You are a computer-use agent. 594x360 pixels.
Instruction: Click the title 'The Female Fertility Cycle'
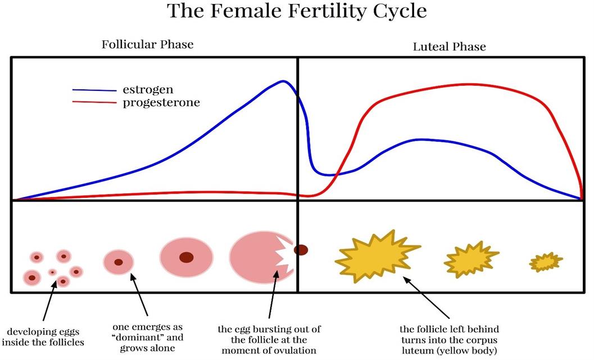point(297,11)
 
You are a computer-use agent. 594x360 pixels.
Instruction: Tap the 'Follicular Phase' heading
point(147,44)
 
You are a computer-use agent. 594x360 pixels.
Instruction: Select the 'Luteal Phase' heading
point(449,47)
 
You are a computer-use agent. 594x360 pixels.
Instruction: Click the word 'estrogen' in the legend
point(148,90)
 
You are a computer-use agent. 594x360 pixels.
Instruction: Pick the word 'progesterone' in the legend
point(161,103)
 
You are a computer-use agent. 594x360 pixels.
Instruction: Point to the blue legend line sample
point(94,90)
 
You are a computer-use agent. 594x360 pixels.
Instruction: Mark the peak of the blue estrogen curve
point(283,81)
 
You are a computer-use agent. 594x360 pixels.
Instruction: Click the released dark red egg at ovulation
point(301,250)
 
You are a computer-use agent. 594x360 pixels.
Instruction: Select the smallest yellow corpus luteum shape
point(546,262)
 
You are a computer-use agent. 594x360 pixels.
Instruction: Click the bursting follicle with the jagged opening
point(261,257)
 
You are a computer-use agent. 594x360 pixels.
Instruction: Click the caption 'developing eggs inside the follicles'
point(43,337)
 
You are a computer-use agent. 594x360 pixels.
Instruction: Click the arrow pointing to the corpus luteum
point(426,298)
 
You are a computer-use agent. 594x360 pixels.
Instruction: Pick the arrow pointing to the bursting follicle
point(273,294)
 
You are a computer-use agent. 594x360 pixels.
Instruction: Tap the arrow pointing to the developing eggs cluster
point(49,302)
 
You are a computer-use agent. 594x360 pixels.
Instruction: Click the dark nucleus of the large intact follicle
point(187,257)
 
